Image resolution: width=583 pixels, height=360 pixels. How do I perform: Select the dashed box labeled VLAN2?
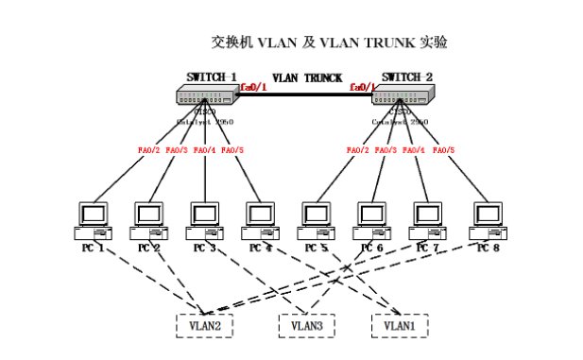click(x=204, y=324)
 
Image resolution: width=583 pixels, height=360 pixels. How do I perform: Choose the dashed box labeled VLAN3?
click(x=307, y=324)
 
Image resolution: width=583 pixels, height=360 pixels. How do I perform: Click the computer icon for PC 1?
click(x=95, y=219)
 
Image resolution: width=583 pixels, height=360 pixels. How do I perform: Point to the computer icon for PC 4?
click(x=260, y=219)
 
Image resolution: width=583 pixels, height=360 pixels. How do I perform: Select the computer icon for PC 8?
click(x=487, y=219)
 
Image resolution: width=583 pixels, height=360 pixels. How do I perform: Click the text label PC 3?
click(x=204, y=248)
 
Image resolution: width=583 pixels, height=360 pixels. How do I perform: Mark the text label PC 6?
click(x=370, y=248)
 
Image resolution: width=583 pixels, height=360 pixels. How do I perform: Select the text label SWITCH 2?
click(x=407, y=77)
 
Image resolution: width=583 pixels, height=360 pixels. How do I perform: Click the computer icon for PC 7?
click(x=427, y=219)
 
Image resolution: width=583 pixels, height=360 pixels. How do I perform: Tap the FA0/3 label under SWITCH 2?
click(x=386, y=149)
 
